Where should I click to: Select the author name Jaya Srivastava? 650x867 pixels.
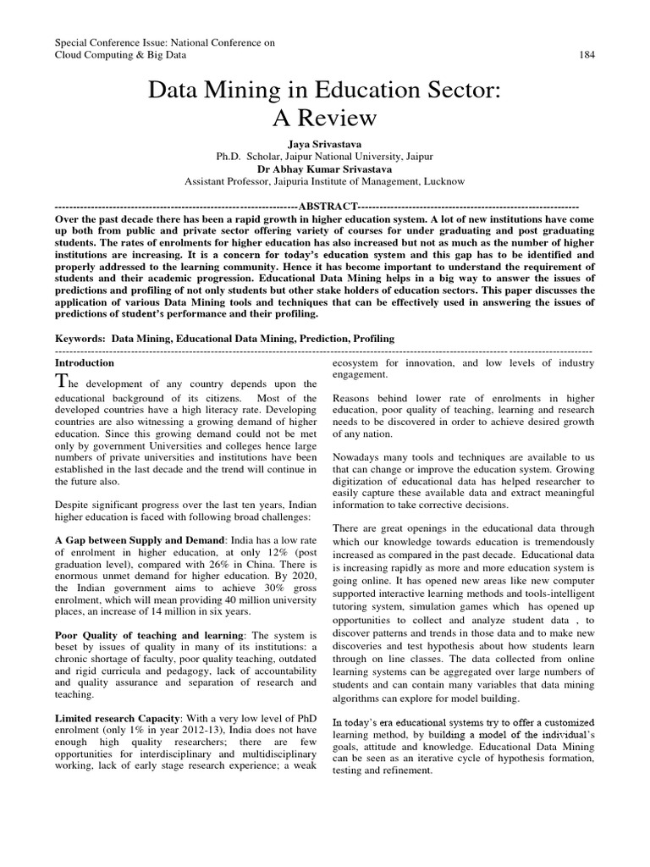coord(324,145)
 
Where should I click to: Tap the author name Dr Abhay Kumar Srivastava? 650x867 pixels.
coord(324,168)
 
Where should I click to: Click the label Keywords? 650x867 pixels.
coord(80,339)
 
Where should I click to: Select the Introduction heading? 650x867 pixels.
coord(83,362)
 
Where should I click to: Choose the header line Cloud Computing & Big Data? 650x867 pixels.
coord(120,55)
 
